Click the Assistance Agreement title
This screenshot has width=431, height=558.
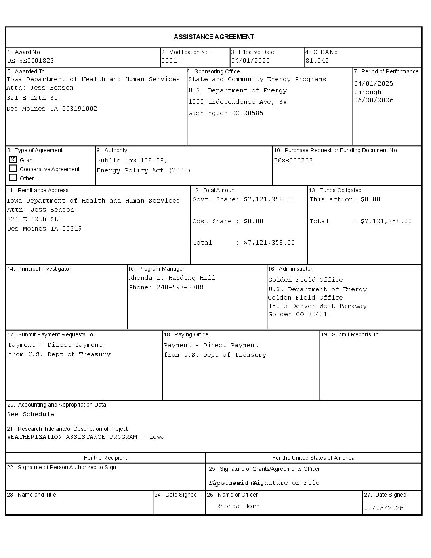click(214, 37)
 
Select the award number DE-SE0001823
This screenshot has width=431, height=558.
click(31, 61)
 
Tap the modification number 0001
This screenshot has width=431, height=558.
click(169, 61)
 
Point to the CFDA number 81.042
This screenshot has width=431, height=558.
click(317, 61)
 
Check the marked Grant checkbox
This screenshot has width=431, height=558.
click(13, 160)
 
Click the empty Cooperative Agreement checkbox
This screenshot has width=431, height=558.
click(13, 169)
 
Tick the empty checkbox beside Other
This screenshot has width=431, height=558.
click(13, 178)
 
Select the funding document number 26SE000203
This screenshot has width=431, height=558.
click(293, 161)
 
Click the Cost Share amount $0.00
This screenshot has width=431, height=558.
click(254, 221)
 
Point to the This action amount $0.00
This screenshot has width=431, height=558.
click(370, 199)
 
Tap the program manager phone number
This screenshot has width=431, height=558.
click(180, 287)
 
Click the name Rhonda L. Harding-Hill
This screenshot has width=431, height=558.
click(172, 278)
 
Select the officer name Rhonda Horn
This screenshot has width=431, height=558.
click(238, 506)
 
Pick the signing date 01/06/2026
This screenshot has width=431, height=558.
click(384, 508)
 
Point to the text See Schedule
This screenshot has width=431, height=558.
click(31, 414)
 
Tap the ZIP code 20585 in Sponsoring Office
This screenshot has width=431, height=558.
click(254, 113)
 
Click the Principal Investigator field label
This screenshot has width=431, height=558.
click(39, 269)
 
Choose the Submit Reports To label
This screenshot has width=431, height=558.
click(350, 334)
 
